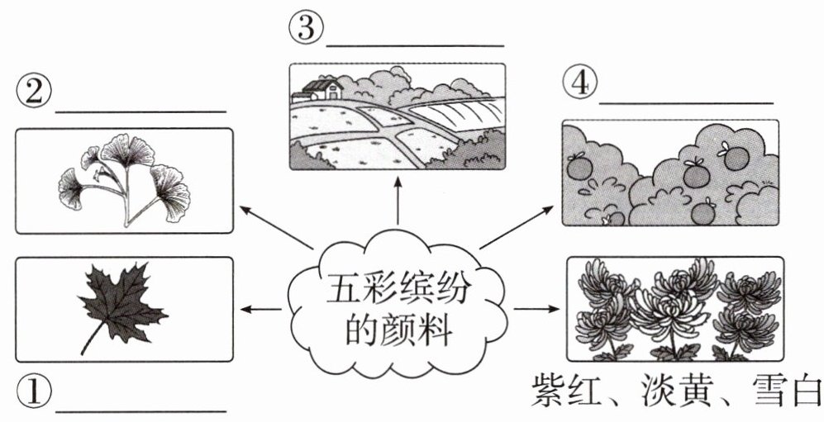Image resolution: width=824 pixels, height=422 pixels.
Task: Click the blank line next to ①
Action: pyautogui.click(x=140, y=410)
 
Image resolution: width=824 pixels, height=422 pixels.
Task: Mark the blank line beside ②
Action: pyautogui.click(x=140, y=111)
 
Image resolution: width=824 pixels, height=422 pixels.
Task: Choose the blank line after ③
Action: pyautogui.click(x=415, y=46)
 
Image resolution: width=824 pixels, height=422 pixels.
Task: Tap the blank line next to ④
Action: pyautogui.click(x=685, y=103)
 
